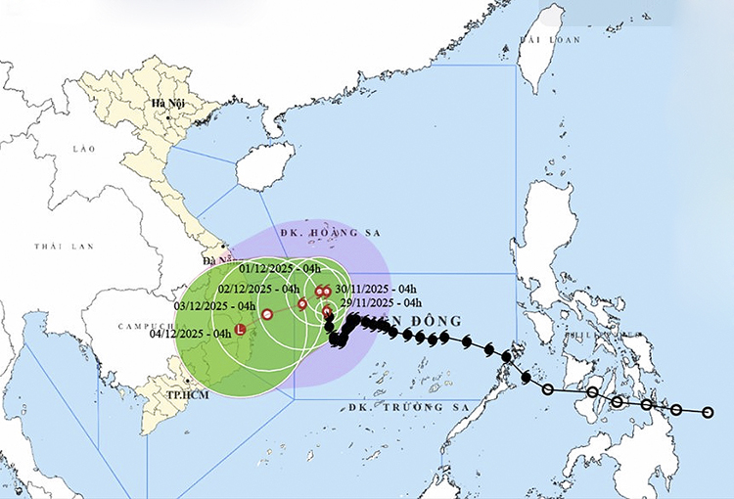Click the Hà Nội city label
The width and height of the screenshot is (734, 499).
(x=161, y=103)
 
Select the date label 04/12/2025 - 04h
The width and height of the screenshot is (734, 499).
(x=191, y=334)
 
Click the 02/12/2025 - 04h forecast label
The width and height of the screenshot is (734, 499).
(x=258, y=289)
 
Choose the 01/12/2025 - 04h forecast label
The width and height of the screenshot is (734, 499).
(x=281, y=268)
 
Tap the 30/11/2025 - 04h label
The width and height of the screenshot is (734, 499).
(x=376, y=289)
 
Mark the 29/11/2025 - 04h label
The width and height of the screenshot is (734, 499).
(x=382, y=304)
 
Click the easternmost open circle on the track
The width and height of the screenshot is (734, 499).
(x=709, y=412)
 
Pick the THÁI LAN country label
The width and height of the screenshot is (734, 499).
(x=54, y=247)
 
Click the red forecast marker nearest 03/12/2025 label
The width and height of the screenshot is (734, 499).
(x=267, y=314)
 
